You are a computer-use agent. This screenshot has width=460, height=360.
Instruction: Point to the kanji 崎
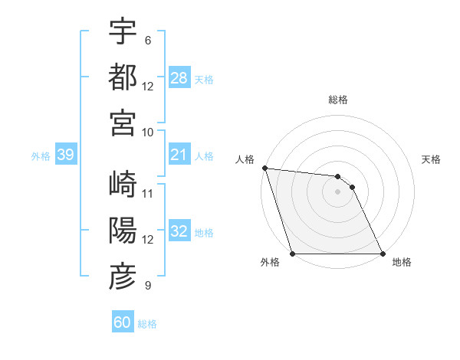point(123,185)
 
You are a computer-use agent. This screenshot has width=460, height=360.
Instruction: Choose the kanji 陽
point(123,231)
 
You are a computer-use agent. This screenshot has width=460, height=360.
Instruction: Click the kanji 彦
point(123,277)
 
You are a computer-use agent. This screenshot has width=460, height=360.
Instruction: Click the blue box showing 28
point(179,78)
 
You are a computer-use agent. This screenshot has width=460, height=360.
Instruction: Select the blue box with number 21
point(179,155)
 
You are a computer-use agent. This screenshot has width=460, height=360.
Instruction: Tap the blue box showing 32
point(179,232)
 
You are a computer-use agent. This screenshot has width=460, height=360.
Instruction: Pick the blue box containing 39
point(65,155)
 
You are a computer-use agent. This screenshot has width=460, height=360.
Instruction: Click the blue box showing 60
point(123,322)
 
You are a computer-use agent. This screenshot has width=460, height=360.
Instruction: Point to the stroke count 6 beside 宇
point(147,40)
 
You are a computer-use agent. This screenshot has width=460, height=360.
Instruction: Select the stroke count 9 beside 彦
point(147,286)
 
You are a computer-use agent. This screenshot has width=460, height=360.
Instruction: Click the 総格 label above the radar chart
point(337,100)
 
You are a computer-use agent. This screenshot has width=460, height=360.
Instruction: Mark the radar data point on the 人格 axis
point(264,168)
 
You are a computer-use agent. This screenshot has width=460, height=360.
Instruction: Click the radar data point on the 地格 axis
point(383,254)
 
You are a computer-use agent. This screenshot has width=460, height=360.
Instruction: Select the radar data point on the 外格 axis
point(292,254)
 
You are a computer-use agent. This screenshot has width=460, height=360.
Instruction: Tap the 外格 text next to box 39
point(41,156)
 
